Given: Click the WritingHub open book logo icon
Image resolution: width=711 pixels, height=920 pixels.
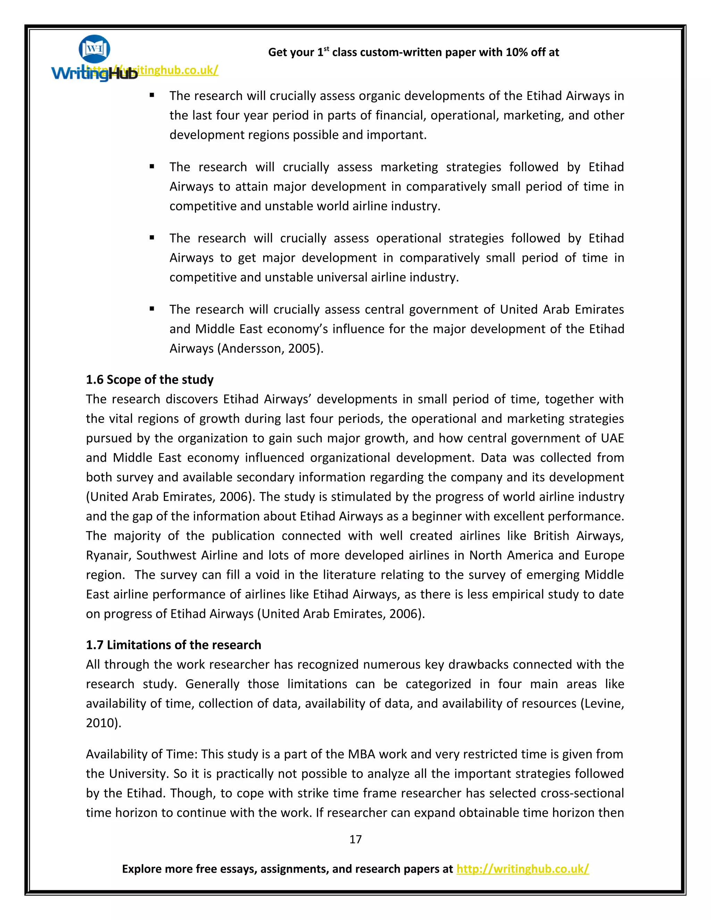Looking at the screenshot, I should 94,49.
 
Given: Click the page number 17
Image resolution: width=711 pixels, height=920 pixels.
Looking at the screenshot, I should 355,839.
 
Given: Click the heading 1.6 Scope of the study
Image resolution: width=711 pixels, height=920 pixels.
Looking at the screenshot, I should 150,379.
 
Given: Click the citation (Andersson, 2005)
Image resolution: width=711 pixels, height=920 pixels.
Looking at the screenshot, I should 270,348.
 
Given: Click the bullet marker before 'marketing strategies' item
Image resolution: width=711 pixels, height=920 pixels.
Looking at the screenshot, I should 152,167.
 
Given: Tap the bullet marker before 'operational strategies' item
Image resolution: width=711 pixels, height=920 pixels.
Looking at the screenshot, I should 152,238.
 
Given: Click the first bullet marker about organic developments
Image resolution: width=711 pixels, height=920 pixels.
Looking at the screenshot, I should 152,95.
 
